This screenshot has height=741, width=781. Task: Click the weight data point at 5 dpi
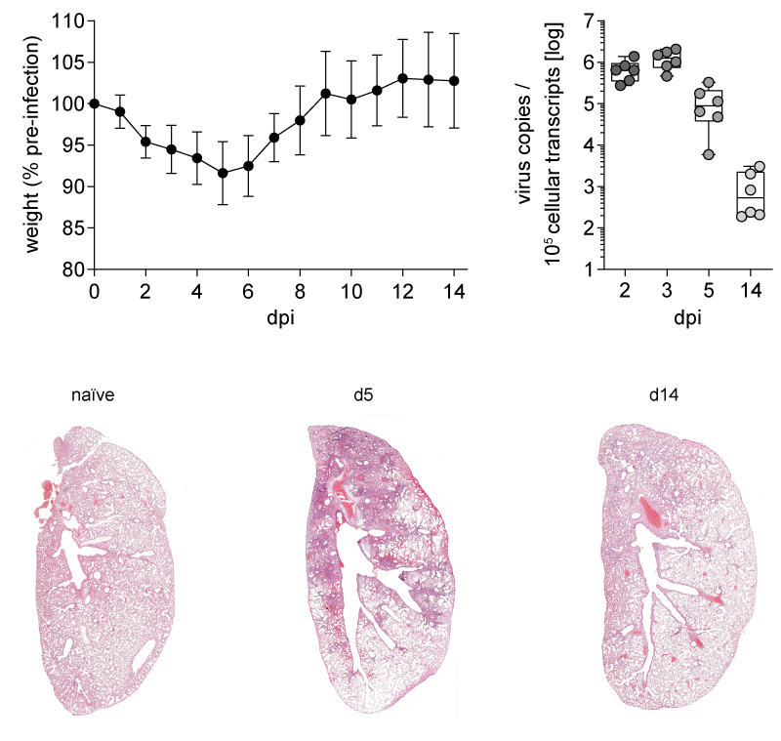click(223, 173)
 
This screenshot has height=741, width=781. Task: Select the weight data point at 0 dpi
click(95, 103)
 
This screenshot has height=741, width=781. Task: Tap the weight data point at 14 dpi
click(454, 81)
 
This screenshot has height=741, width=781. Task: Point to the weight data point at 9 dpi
click(325, 94)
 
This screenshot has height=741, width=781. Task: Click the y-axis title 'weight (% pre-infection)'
click(33, 144)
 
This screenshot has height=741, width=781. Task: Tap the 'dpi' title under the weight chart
click(274, 319)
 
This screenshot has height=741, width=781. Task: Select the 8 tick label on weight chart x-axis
click(300, 293)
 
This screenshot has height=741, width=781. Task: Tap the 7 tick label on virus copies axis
click(588, 21)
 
